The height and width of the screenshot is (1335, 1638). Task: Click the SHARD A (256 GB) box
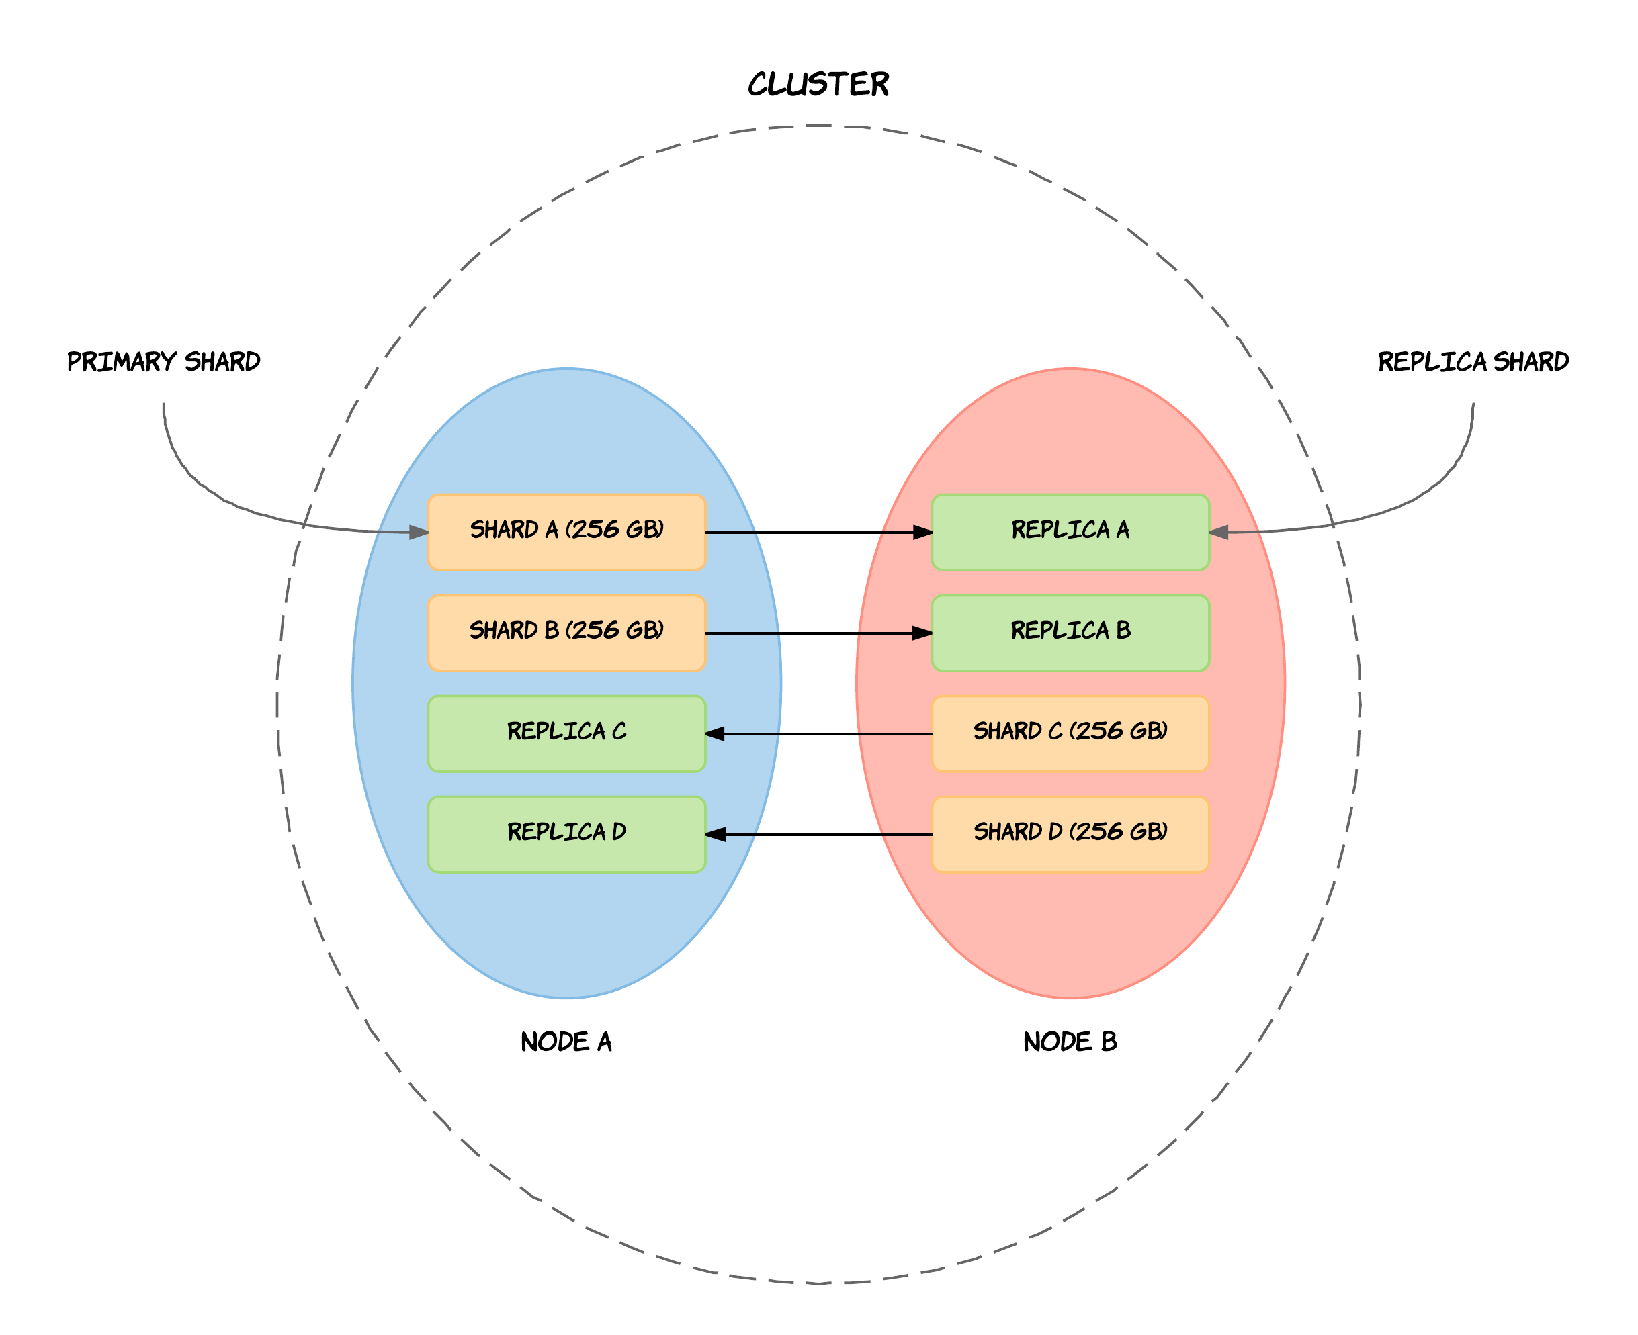click(x=566, y=532)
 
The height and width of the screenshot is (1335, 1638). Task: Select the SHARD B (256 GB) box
click(x=566, y=633)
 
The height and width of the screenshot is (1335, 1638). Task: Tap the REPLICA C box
click(x=566, y=733)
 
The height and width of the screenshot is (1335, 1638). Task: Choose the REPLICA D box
click(x=566, y=834)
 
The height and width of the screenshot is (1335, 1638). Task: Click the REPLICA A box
click(x=1070, y=532)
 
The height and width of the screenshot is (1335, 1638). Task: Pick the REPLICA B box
click(x=1070, y=633)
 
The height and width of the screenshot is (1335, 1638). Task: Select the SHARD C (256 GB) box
click(x=1070, y=733)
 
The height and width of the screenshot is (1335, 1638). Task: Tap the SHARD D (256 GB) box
click(x=1070, y=834)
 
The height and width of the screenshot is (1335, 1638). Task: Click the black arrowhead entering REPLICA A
click(x=922, y=532)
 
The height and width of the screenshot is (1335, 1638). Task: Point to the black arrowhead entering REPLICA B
click(x=922, y=633)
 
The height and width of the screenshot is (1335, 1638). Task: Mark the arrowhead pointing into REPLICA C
click(x=715, y=733)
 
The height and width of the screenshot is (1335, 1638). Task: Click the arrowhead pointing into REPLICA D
click(x=715, y=834)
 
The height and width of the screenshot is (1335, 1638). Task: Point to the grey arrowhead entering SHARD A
click(x=419, y=532)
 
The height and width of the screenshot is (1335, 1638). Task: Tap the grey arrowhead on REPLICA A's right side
click(x=1219, y=532)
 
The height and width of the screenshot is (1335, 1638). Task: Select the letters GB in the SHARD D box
click(x=1146, y=832)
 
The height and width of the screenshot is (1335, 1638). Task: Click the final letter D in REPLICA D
click(x=619, y=832)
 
